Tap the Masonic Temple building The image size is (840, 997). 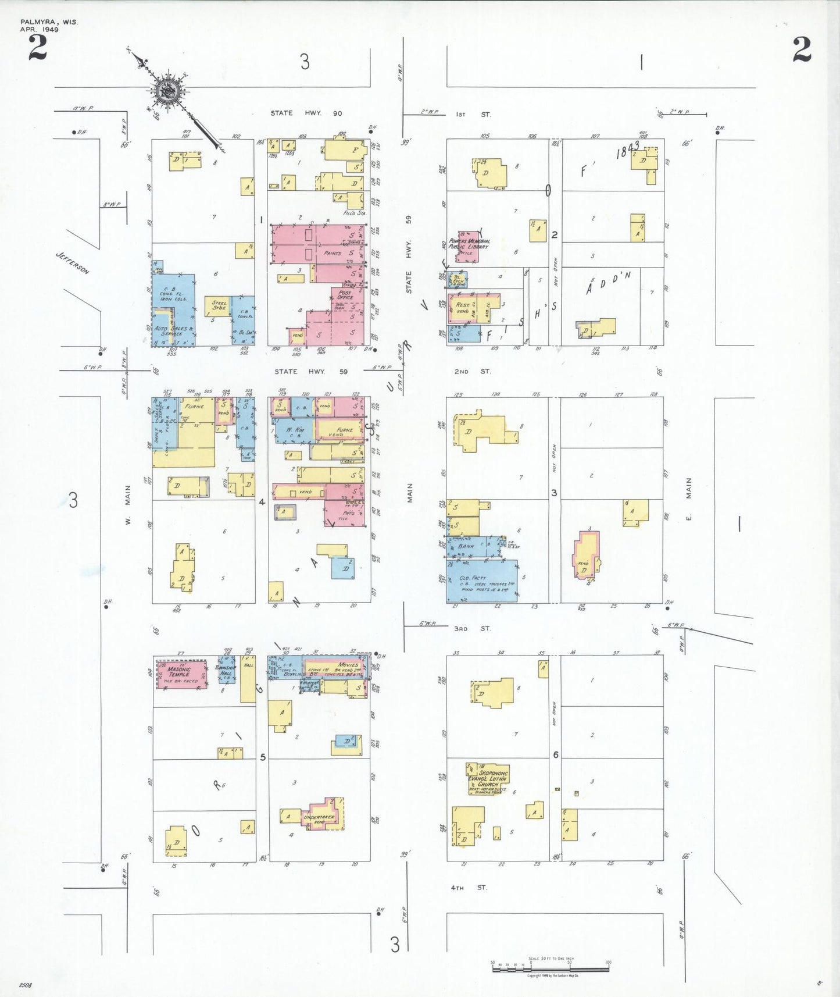181,674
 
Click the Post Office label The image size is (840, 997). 345,295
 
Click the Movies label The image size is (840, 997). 348,664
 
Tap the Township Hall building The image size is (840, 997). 226,670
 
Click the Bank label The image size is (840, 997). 466,546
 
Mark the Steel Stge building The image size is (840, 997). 219,305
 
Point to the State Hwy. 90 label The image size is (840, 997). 306,113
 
